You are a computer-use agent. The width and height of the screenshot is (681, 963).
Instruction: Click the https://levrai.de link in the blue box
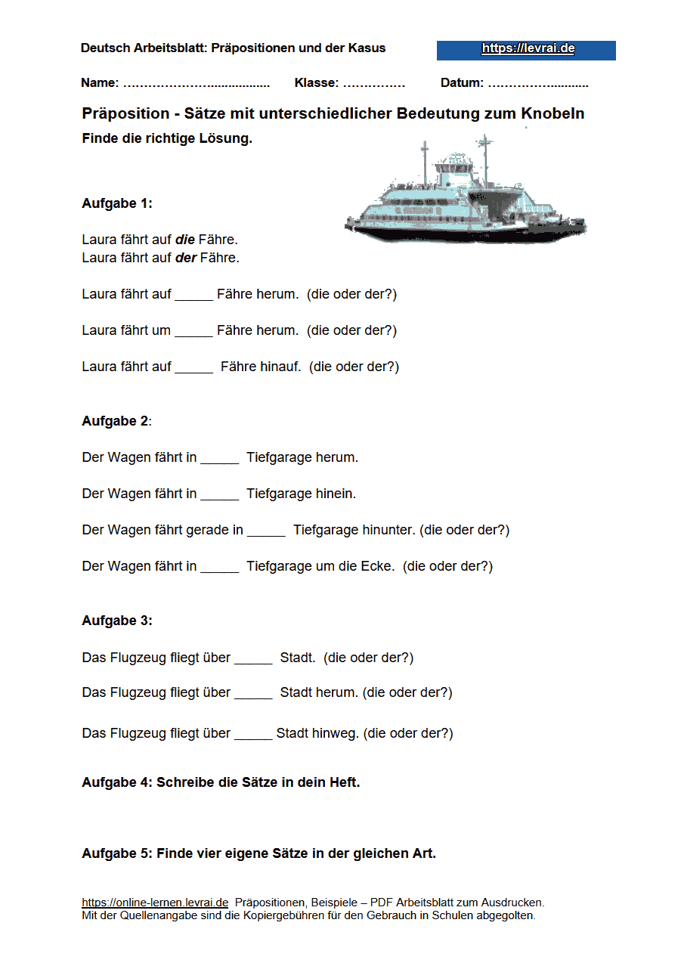(528, 49)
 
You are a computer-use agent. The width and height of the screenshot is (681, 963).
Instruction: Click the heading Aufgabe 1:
(117, 203)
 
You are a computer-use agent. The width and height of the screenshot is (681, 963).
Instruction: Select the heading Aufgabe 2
(116, 421)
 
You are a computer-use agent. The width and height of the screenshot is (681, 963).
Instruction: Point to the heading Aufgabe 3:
(117, 621)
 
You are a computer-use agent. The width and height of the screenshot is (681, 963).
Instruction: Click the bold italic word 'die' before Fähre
(185, 240)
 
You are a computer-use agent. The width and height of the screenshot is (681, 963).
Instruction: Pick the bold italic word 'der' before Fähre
(186, 258)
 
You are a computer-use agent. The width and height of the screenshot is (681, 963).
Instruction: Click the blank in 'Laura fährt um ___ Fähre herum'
(193, 331)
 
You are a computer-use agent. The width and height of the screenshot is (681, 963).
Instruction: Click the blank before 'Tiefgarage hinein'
(219, 494)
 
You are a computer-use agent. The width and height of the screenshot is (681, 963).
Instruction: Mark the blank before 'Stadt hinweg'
(252, 734)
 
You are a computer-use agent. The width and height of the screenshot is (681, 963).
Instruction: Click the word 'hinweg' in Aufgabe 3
(335, 733)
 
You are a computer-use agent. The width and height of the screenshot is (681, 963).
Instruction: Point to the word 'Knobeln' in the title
(553, 114)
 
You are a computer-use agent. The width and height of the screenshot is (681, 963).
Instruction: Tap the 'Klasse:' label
(317, 83)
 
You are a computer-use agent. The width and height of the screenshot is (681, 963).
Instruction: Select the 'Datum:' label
(462, 83)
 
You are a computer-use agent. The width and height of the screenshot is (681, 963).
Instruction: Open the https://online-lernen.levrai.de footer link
(155, 903)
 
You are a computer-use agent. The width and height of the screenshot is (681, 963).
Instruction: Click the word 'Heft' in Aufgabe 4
(343, 782)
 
